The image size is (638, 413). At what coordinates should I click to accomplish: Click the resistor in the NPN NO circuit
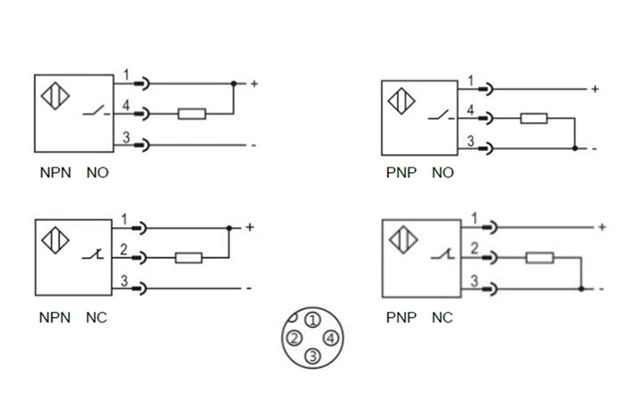(192, 114)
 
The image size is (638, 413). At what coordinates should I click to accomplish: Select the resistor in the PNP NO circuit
(535, 118)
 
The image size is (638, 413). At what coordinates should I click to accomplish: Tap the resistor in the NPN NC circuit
(188, 258)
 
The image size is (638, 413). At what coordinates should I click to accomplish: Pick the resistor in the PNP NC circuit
(539, 259)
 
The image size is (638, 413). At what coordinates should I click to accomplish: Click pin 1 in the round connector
(311, 320)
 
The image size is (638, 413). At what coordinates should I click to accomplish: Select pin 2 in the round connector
(294, 338)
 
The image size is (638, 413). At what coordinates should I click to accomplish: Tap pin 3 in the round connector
(312, 357)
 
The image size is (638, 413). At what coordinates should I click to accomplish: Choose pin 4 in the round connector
(331, 338)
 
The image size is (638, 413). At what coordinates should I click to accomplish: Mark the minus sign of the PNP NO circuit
(594, 148)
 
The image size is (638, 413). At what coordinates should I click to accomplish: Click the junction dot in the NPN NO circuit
(234, 84)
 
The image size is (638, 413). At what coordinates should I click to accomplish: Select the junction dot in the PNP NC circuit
(582, 288)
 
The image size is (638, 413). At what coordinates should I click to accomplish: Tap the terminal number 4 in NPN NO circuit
(126, 106)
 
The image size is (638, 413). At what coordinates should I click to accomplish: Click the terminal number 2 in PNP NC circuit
(473, 248)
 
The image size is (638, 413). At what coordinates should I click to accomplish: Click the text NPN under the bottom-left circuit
(53, 317)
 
